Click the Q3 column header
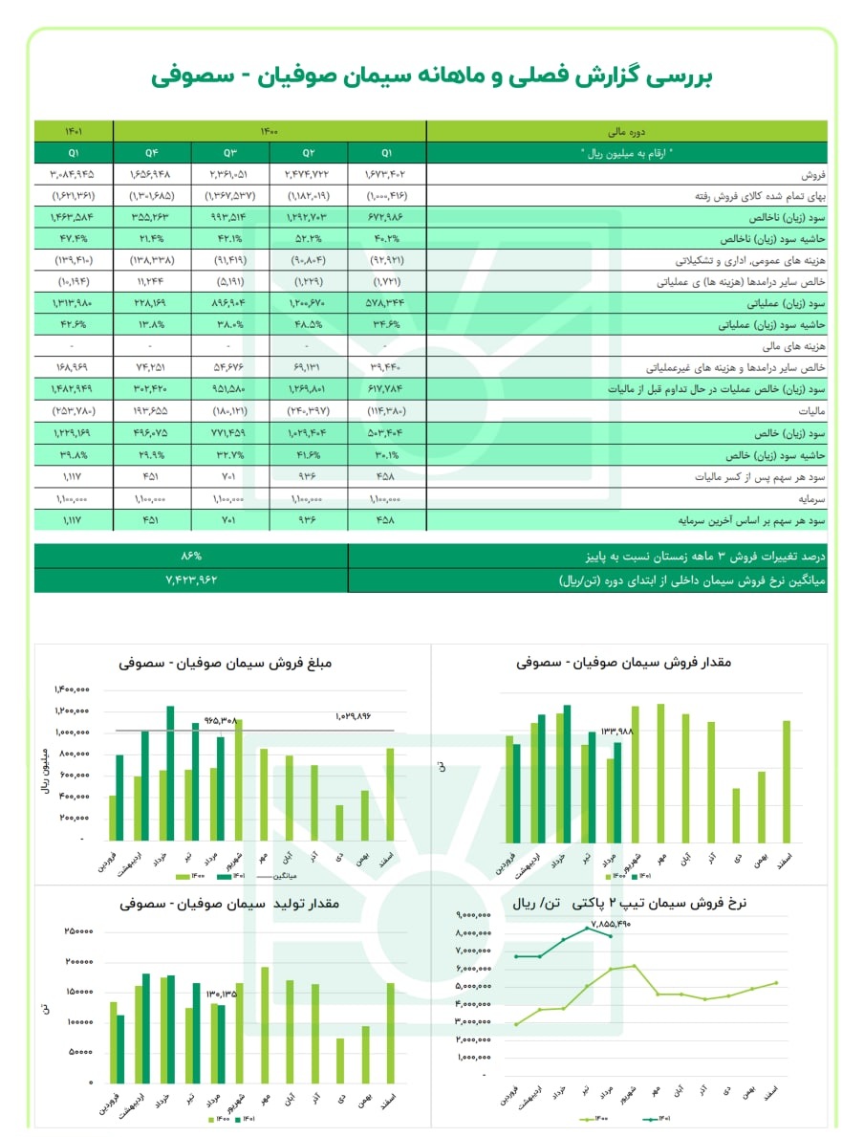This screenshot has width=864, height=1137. click(230, 153)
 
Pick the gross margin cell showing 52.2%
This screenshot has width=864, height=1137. click(308, 237)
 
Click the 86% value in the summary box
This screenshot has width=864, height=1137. click(191, 556)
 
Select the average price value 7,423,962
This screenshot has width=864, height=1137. click(191, 579)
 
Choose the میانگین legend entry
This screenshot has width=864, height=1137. click(286, 875)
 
